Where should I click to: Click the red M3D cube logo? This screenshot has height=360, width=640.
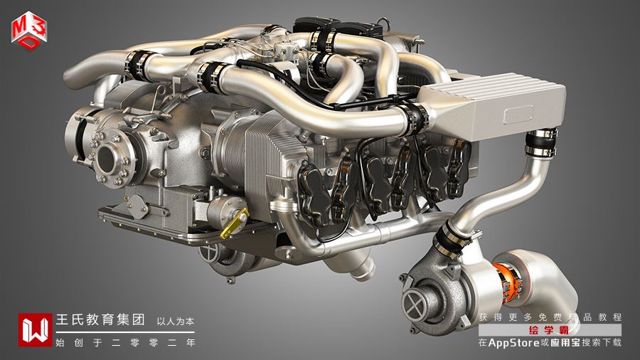pos(29,31)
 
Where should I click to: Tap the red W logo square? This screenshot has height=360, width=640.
pos(35,330)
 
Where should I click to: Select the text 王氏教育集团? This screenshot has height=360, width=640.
pos(100,319)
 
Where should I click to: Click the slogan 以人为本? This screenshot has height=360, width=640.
pos(176,321)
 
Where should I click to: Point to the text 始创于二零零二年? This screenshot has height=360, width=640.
pos(125,342)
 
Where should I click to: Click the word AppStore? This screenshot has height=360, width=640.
pos(513,342)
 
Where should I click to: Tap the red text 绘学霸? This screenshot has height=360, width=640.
pos(549,330)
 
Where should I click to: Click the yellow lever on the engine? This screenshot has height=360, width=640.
pos(234,223)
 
